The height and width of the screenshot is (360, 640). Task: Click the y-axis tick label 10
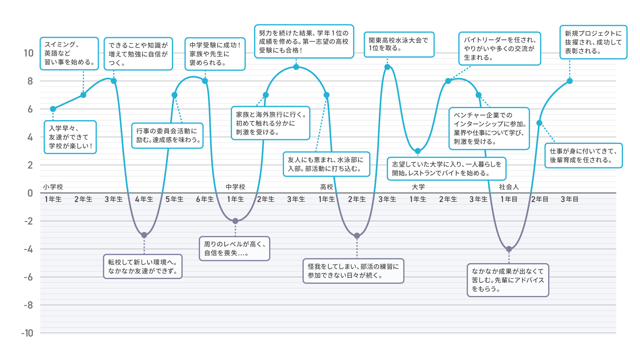click(x=28, y=53)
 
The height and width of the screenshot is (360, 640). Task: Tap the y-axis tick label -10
click(x=27, y=333)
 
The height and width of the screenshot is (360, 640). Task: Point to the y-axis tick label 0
click(x=30, y=193)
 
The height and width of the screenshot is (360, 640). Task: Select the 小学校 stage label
click(x=53, y=187)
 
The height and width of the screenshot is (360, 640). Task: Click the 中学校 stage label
click(x=235, y=187)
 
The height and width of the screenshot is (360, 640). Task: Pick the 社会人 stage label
click(x=509, y=187)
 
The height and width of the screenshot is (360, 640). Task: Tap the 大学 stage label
click(x=418, y=187)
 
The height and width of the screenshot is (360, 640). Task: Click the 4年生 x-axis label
click(x=144, y=199)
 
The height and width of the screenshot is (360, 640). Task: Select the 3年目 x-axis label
click(x=570, y=199)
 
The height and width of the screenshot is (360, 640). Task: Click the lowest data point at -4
click(x=509, y=249)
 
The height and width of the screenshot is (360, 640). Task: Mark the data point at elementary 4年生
click(x=144, y=235)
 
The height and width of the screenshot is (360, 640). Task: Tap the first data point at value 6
click(x=53, y=109)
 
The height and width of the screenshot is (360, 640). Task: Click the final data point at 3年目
click(x=570, y=81)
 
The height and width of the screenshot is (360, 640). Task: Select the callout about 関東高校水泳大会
click(x=399, y=44)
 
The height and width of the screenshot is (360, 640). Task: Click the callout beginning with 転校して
click(x=143, y=267)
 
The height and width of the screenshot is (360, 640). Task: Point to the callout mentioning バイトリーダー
click(x=500, y=49)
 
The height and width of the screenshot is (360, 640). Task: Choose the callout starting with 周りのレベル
click(x=235, y=249)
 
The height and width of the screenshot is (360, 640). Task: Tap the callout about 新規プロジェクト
click(x=593, y=42)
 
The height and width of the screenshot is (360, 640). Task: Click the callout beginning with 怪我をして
click(x=353, y=271)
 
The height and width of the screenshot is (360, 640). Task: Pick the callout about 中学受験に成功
click(x=215, y=54)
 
